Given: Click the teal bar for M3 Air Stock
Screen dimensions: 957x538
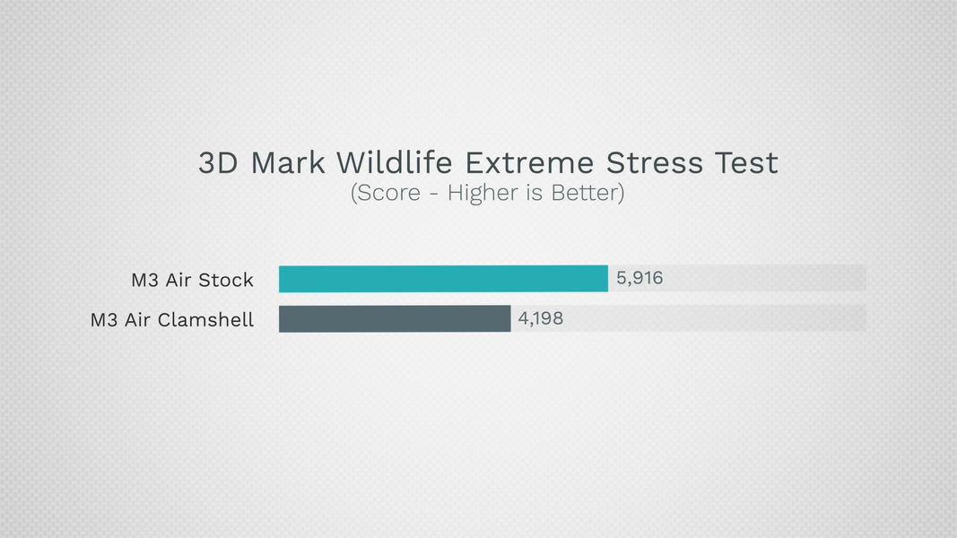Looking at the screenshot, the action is click(x=443, y=279).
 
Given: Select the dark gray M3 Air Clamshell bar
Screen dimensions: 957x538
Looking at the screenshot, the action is click(x=395, y=319).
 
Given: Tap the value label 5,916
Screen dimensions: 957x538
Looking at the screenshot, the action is click(x=639, y=278).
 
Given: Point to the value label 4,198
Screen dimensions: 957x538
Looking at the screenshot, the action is click(x=541, y=318).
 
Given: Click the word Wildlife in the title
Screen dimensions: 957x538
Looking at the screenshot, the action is click(x=395, y=163).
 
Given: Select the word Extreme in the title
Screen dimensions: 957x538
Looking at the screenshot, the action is click(x=529, y=163).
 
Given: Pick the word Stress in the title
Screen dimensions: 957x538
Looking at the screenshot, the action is click(x=654, y=163).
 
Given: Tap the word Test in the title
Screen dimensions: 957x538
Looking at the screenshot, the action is click(x=746, y=163).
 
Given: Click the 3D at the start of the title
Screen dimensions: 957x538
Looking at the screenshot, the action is click(x=218, y=163).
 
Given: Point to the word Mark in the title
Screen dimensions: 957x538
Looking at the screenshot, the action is click(x=288, y=163).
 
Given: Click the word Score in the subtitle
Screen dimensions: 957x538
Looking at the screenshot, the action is click(x=388, y=193).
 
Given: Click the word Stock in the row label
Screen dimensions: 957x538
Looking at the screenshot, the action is click(x=226, y=280).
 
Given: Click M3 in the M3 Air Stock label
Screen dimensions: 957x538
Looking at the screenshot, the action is click(x=145, y=280).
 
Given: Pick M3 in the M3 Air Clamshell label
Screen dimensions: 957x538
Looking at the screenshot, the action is click(x=104, y=320).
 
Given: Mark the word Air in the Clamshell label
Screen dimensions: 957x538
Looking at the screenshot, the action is click(x=137, y=320).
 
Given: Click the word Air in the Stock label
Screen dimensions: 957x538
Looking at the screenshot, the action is click(x=178, y=280).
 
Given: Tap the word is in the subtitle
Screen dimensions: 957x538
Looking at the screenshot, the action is click(x=535, y=193).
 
